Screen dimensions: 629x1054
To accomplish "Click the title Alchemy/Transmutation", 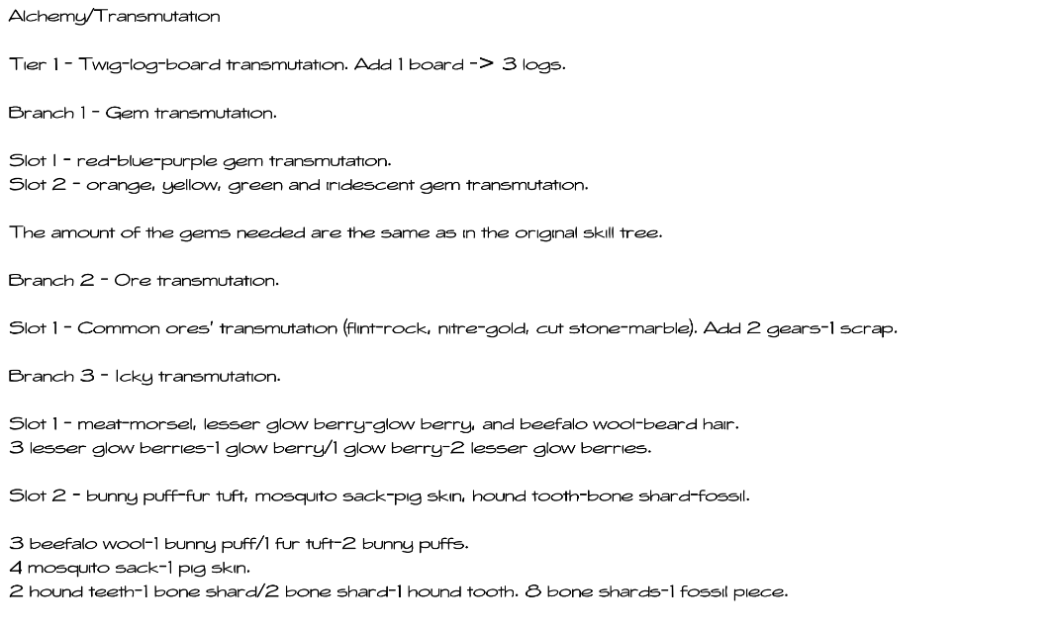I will click(115, 17).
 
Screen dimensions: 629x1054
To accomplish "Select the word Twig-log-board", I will click(149, 65).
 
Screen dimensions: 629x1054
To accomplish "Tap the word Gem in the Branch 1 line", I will click(127, 113).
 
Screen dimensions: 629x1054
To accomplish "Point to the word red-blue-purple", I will click(146, 161).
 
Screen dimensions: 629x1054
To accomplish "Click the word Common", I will click(119, 328).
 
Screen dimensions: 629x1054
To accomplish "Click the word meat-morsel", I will click(136, 425).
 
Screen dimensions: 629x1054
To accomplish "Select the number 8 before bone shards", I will click(533, 592).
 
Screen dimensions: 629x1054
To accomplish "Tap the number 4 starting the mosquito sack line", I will click(15, 569).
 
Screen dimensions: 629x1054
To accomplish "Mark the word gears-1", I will click(797, 329).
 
